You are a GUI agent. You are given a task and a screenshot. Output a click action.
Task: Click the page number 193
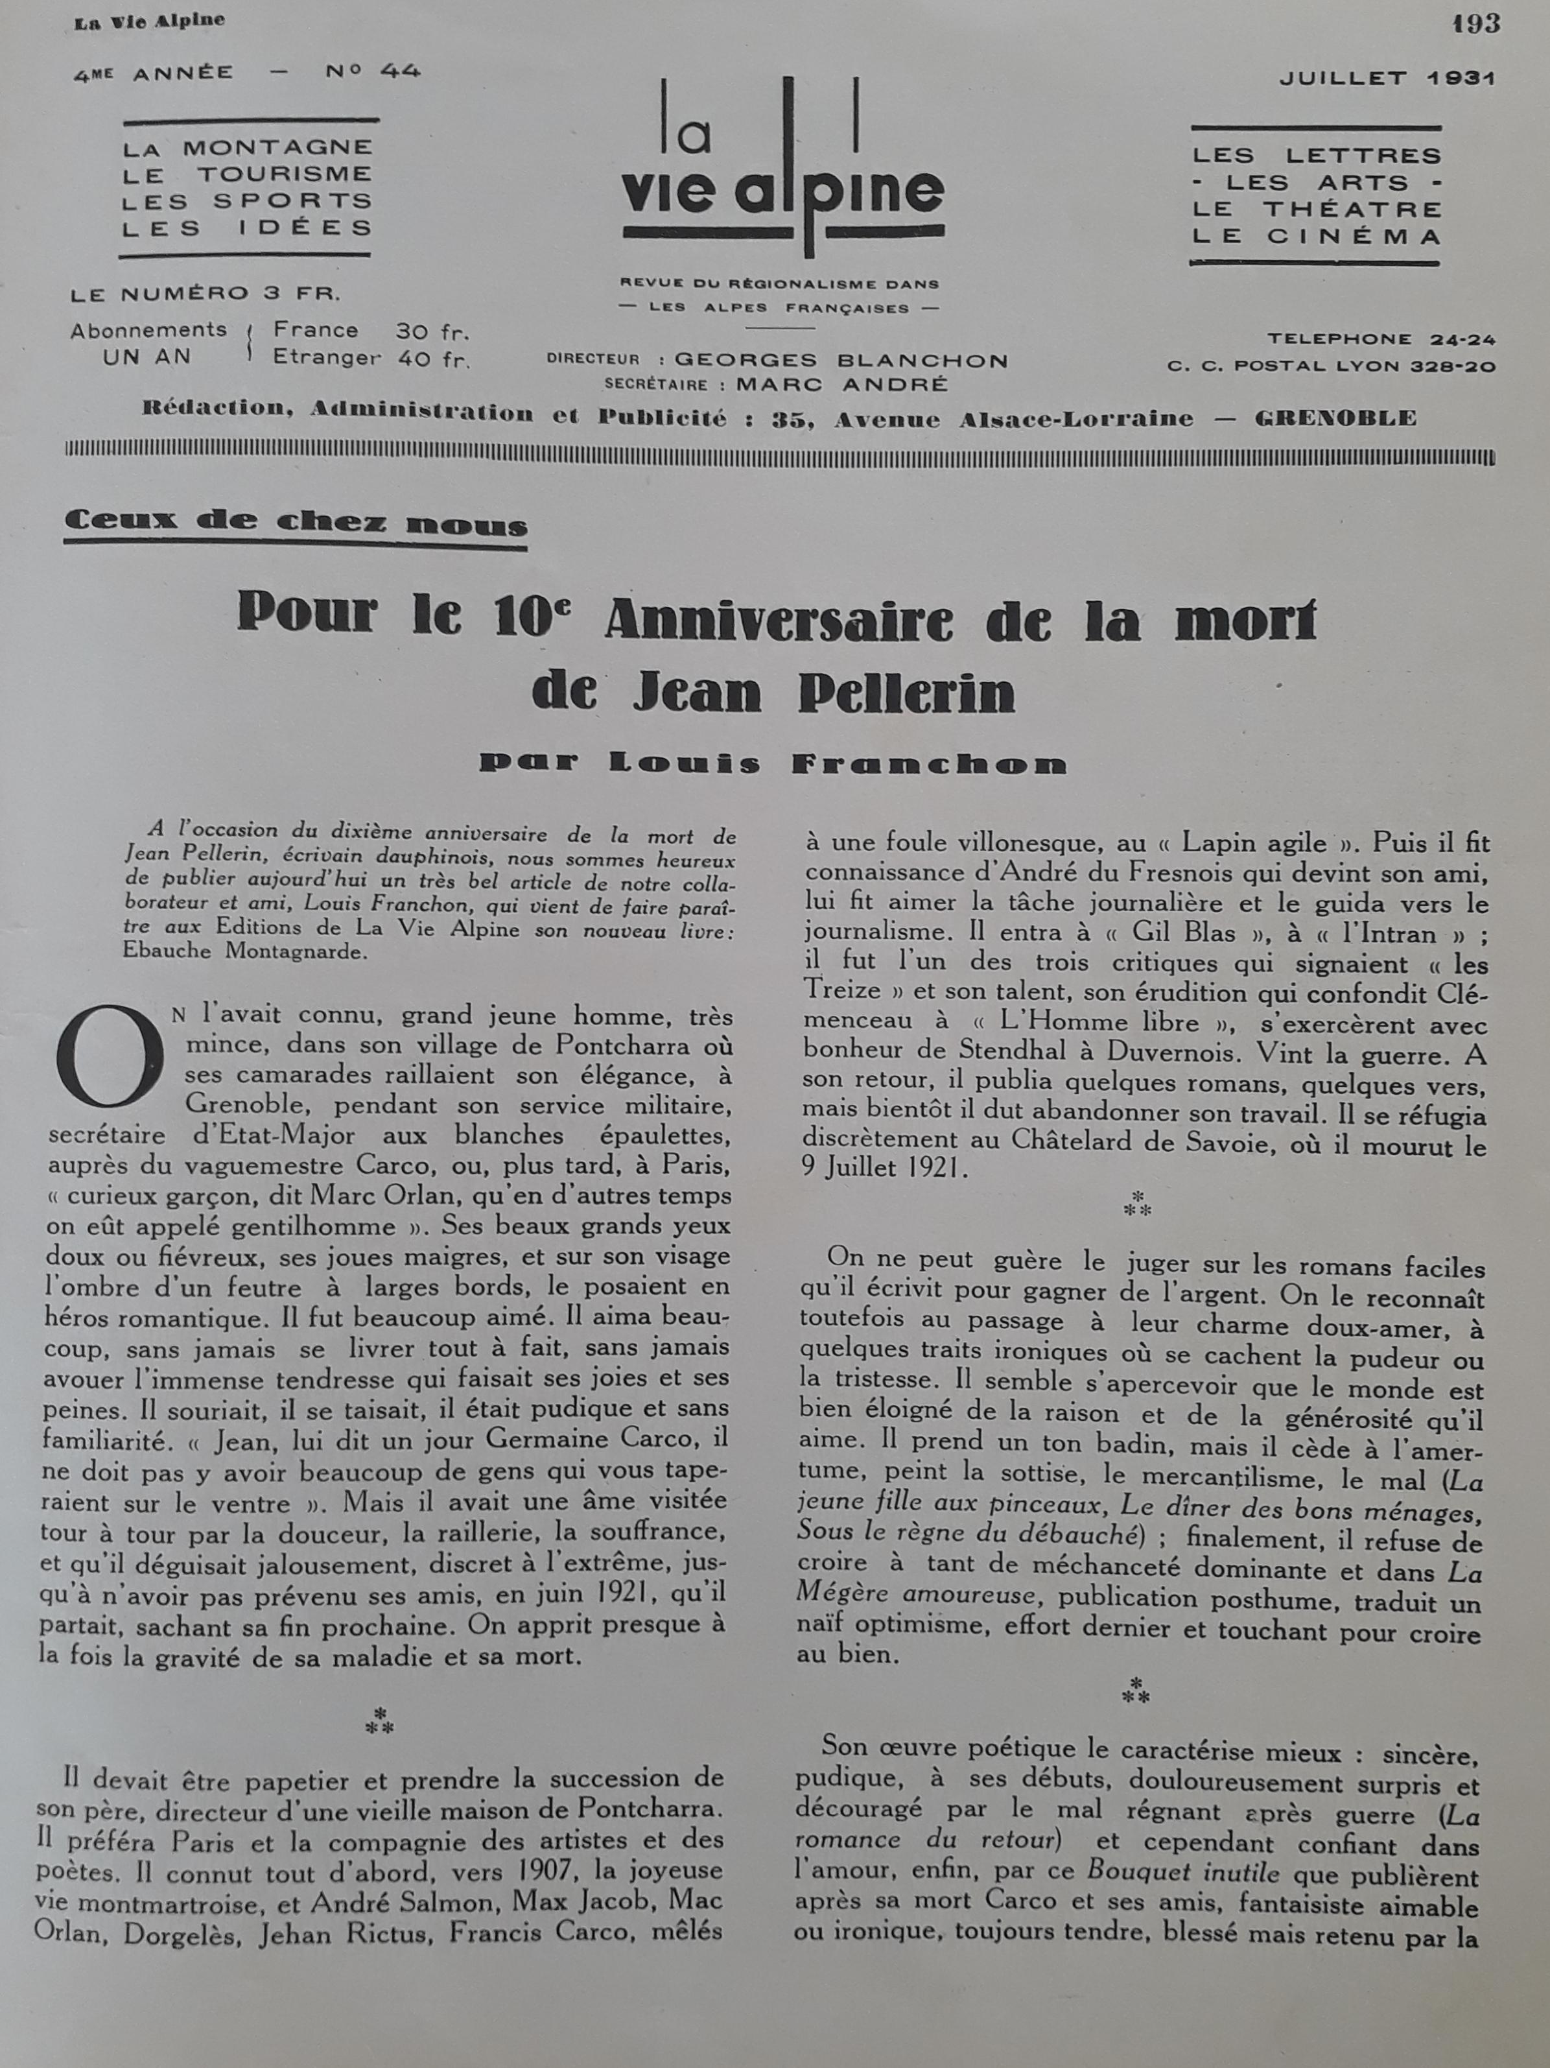pyautogui.click(x=1476, y=24)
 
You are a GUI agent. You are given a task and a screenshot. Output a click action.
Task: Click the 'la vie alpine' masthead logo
pyautogui.click(x=783, y=169)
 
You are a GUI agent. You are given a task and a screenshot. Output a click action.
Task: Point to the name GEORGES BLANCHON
pyautogui.click(x=841, y=360)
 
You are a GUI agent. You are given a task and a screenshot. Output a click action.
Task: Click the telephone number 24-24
pyautogui.click(x=1462, y=339)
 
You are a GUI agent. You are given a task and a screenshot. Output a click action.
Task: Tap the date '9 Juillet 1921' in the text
pyautogui.click(x=884, y=1169)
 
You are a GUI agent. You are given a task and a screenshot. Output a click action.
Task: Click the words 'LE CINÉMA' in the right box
pyautogui.click(x=1316, y=237)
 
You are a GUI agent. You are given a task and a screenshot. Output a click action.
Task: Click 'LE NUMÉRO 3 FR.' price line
pyautogui.click(x=205, y=294)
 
